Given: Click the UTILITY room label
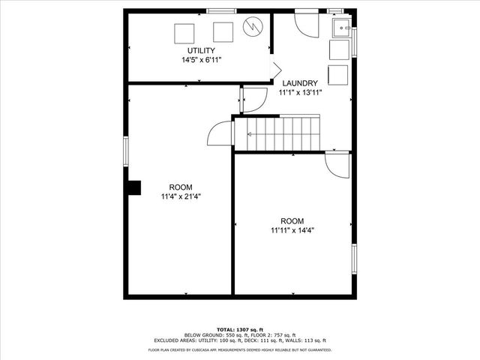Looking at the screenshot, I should coord(201,50).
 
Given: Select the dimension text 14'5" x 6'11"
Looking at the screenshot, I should coord(201,59).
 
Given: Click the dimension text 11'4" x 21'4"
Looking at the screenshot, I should coord(180,196).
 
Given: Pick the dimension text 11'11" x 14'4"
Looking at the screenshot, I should coord(292,230).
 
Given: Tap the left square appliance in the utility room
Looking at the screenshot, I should coord(184,33).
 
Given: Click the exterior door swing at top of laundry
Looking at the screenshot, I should coord(306,24).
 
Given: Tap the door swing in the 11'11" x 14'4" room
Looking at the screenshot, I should coord(337,165).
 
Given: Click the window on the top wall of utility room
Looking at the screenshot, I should coord(218,10).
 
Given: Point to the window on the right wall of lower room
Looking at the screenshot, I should coord(353,257).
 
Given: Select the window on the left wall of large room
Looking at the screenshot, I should coord(126,150).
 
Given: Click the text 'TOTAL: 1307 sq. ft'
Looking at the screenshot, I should coord(239,329).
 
